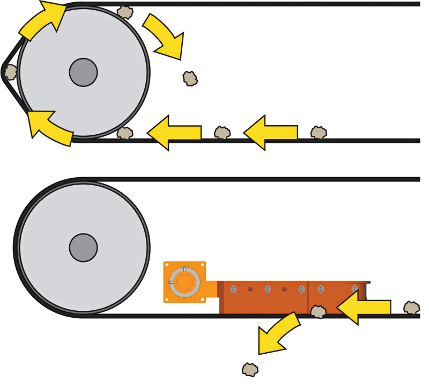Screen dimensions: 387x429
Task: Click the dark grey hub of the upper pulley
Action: [x=83, y=71]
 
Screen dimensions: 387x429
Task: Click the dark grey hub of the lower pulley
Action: [x=83, y=247]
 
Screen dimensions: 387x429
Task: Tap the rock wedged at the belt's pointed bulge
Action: [x=10, y=72]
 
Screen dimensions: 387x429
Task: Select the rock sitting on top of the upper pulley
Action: [x=125, y=12]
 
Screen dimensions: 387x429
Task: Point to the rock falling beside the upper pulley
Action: [x=190, y=78]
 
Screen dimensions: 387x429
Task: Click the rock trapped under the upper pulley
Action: [x=124, y=133]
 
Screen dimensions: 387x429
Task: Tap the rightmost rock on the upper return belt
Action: [x=319, y=132]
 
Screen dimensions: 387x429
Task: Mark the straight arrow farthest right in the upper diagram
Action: [x=270, y=132]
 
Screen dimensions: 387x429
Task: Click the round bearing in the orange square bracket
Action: [x=184, y=281]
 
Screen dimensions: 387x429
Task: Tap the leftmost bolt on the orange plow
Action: [x=233, y=289]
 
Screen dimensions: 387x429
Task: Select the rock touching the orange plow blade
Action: [x=318, y=311]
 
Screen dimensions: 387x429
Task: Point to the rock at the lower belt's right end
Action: [x=411, y=308]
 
